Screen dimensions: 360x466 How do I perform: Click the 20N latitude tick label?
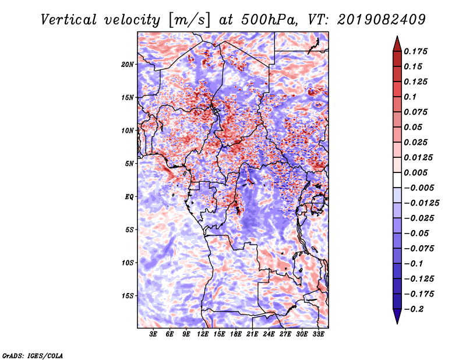(x=128, y=64)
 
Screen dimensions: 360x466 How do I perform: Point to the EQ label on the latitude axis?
(x=129, y=197)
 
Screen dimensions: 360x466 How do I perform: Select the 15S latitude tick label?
(x=128, y=296)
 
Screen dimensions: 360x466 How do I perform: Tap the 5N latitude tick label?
(x=129, y=164)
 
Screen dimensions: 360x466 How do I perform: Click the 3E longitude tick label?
(x=154, y=335)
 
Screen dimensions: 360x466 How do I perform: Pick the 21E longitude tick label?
(x=253, y=335)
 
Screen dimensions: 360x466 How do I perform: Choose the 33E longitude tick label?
(x=319, y=335)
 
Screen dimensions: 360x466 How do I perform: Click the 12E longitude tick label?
(x=203, y=335)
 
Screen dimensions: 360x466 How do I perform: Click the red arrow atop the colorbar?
(x=397, y=43)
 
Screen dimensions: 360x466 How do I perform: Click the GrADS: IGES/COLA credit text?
(x=33, y=355)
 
